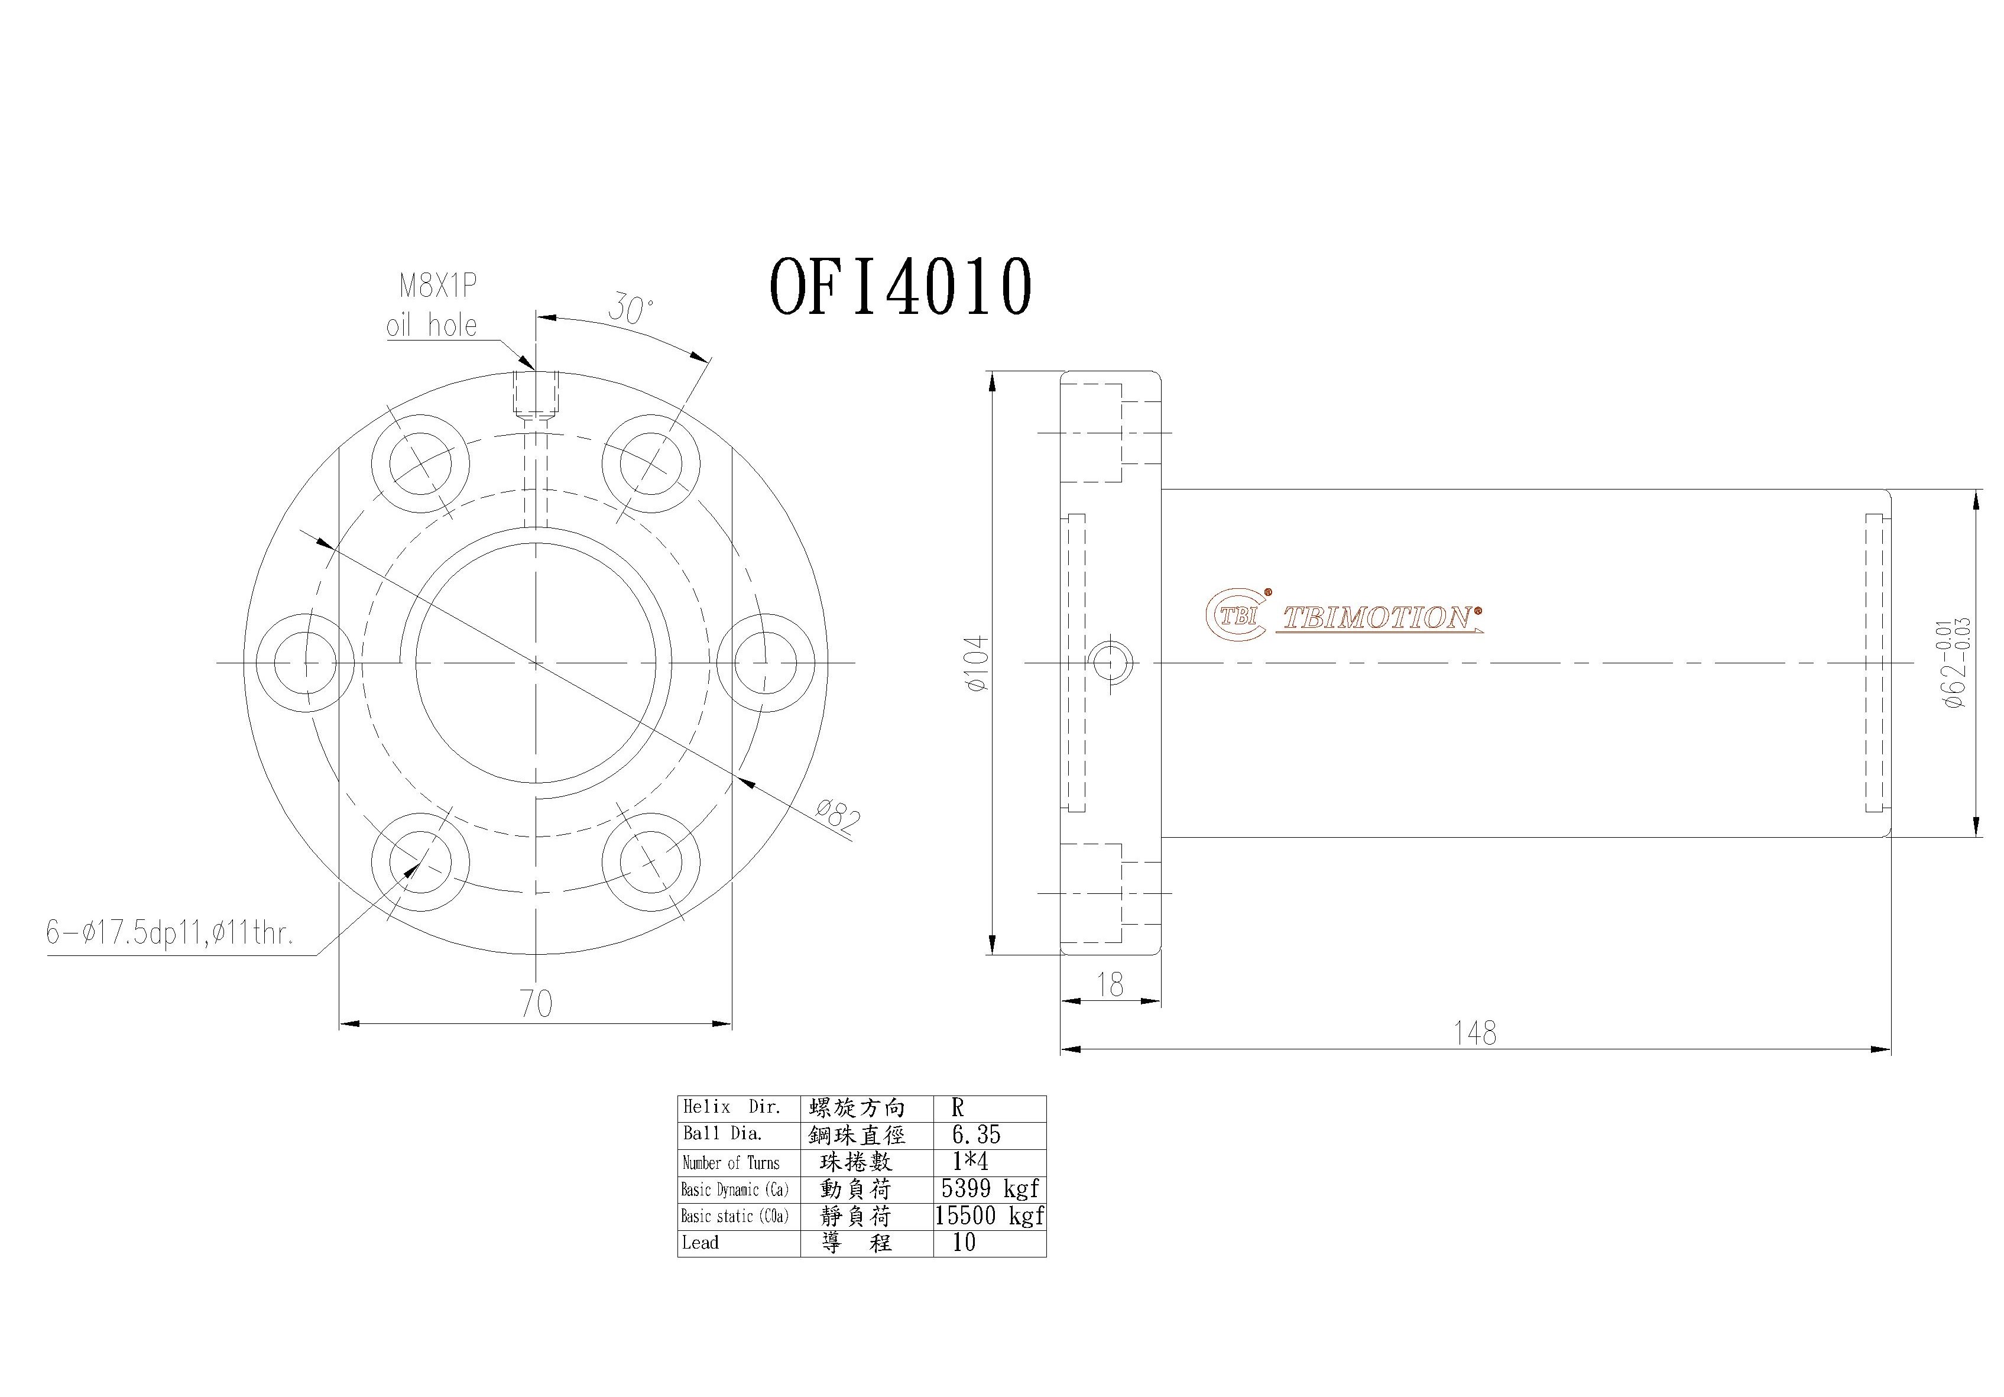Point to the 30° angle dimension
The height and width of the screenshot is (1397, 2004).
click(630, 309)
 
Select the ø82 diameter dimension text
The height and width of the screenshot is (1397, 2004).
click(837, 818)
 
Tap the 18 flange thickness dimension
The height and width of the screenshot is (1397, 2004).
click(1110, 985)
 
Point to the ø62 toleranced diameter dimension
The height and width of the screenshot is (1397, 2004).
click(1955, 663)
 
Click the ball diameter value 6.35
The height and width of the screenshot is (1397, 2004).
click(976, 1135)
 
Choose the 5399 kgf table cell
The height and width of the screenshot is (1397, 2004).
click(990, 1188)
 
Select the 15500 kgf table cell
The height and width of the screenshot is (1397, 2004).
click(990, 1216)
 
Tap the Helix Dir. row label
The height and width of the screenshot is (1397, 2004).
click(731, 1108)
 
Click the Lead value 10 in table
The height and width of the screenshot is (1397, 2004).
click(964, 1243)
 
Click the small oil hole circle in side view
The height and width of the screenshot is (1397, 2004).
click(1111, 663)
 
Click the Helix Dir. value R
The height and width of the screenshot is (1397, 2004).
click(958, 1108)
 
